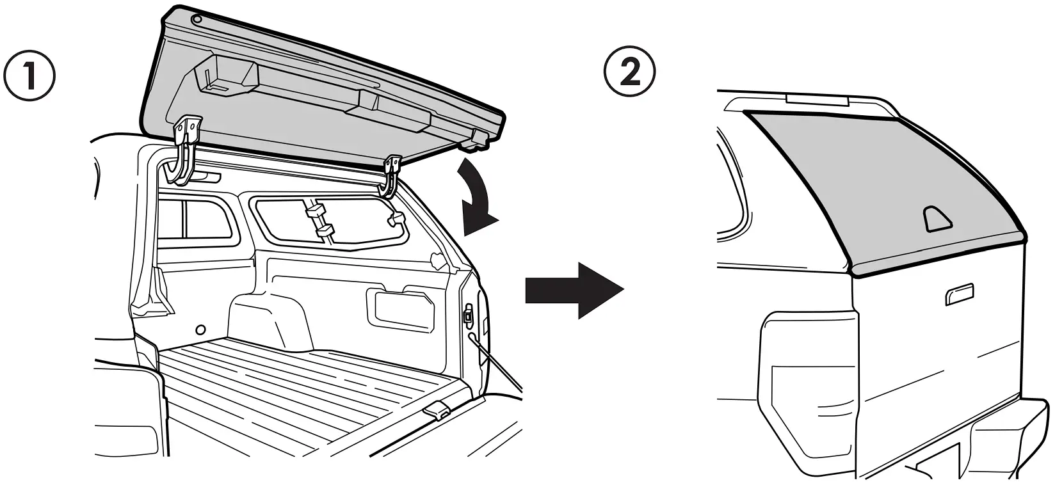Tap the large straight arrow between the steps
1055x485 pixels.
(x=574, y=290)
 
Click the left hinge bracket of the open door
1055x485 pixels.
(x=185, y=148)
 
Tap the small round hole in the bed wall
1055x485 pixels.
(x=200, y=330)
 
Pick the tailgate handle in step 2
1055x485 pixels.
(x=958, y=293)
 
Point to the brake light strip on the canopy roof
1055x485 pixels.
(x=817, y=100)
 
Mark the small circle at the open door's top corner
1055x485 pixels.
(x=197, y=19)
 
